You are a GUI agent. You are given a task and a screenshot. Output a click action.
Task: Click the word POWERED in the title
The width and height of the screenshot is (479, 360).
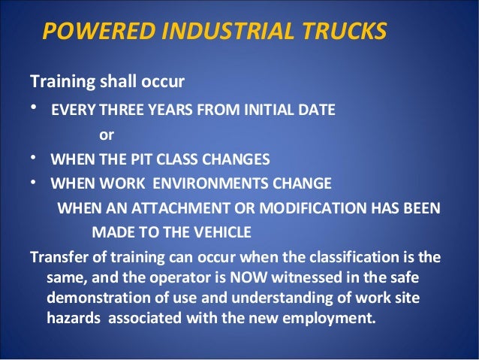point(83,32)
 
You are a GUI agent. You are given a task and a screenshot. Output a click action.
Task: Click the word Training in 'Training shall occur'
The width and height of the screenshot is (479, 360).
point(56,80)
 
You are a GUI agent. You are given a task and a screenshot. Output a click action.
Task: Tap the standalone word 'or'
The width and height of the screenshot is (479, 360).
point(107,136)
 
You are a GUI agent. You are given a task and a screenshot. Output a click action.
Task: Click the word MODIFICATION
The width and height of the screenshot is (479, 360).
point(304,207)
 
